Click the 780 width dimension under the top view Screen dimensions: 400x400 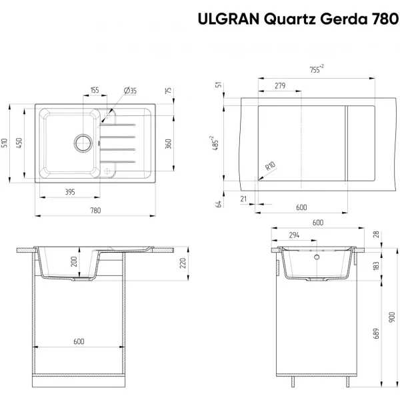(x=95, y=211)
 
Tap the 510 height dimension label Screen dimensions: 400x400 (x=5, y=143)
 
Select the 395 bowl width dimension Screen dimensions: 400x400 (x=70, y=192)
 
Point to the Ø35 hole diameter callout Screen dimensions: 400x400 (x=131, y=91)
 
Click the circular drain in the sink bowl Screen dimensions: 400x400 (x=83, y=143)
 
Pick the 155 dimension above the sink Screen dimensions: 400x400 (x=95, y=90)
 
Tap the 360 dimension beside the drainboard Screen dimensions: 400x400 (x=168, y=144)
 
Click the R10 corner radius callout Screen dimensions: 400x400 (x=271, y=166)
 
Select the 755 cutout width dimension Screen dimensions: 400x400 (x=317, y=69)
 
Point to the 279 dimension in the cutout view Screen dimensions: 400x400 (x=280, y=86)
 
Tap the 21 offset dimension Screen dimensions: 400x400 (x=243, y=199)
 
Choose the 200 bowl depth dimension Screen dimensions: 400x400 (x=74, y=262)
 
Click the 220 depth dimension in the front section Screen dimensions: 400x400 (x=183, y=263)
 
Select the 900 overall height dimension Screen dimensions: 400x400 (x=393, y=317)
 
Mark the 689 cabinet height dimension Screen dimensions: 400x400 (x=376, y=333)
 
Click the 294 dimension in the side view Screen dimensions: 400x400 (x=294, y=235)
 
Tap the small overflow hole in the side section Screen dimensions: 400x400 (x=317, y=257)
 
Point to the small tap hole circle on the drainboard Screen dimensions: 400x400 (x=107, y=171)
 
